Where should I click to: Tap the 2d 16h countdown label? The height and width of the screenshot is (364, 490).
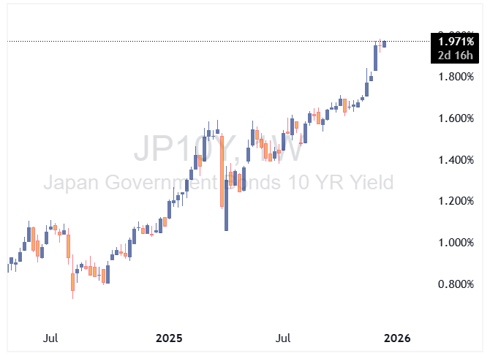455,56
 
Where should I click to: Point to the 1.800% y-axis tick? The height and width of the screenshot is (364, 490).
456,77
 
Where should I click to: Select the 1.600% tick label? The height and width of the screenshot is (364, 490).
456,118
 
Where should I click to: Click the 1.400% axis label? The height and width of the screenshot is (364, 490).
456,160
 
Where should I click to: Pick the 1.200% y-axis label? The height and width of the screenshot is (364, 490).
456,201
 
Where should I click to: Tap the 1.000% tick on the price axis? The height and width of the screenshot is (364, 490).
456,243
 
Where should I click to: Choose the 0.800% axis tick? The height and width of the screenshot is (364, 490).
456,284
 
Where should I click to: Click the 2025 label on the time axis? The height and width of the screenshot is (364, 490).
169,338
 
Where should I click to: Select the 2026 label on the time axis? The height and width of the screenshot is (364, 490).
399,338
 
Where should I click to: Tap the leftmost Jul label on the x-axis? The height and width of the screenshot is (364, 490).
50,338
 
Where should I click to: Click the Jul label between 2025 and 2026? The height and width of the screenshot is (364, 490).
284,338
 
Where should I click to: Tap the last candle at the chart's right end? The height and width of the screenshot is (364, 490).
385,44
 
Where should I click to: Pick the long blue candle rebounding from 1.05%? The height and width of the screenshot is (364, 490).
227,205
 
